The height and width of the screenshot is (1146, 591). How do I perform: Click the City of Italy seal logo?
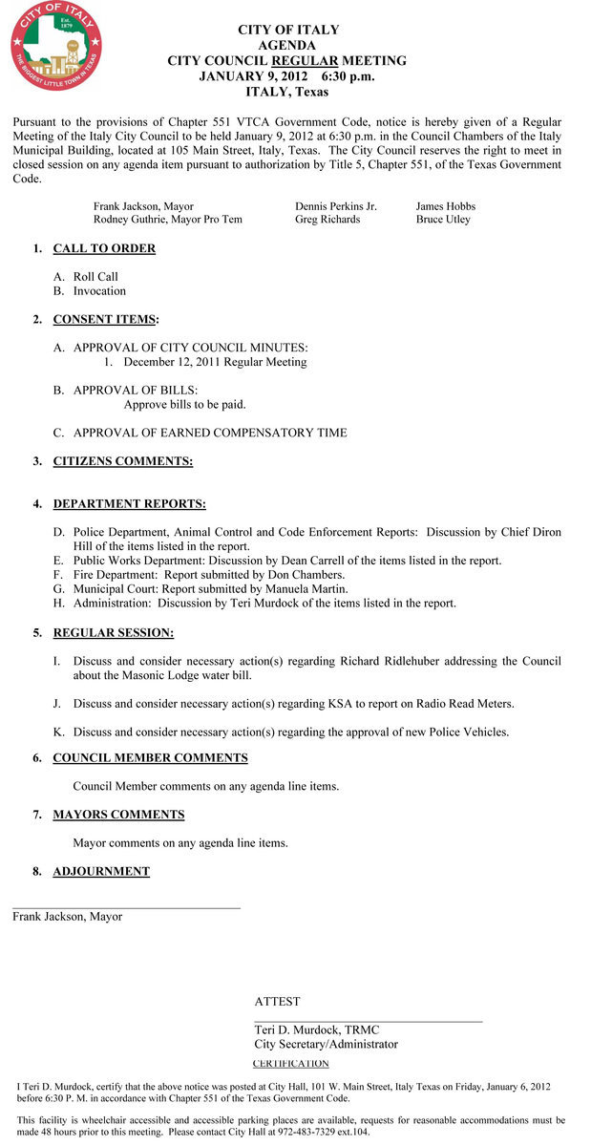(55, 47)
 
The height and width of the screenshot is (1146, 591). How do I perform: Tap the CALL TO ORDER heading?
(104, 248)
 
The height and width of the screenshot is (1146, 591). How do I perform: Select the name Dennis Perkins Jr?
(336, 206)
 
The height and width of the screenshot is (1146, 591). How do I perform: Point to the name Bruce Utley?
(443, 220)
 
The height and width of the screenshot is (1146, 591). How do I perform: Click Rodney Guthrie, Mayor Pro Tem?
(167, 220)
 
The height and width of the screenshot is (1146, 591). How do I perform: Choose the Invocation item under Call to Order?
(99, 291)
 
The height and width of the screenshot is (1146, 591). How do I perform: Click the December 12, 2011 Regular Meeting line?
(215, 362)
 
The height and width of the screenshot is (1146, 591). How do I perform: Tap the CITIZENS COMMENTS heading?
(122, 461)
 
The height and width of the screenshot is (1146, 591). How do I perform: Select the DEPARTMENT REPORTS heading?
(129, 504)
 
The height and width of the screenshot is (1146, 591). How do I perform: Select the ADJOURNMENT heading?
(101, 871)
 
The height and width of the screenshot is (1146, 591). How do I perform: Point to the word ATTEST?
(277, 1002)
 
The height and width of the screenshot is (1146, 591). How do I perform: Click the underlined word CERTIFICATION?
(290, 1063)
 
